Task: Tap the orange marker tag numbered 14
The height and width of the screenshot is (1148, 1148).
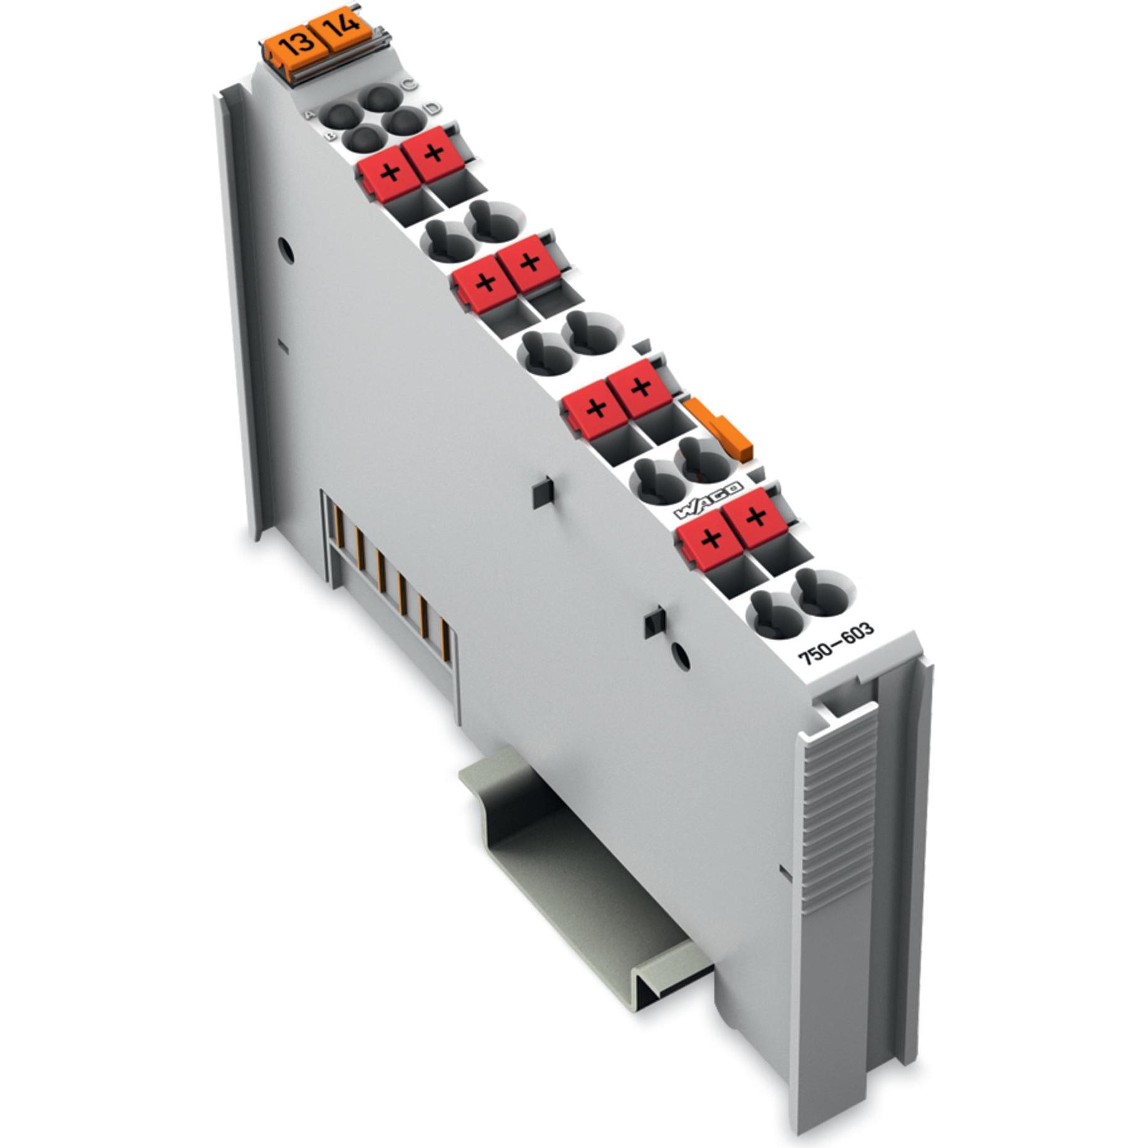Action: pyautogui.click(x=343, y=28)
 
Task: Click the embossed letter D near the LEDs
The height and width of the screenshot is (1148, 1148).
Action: pyautogui.click(x=432, y=109)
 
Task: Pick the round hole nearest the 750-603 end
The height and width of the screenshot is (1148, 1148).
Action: pyautogui.click(x=681, y=656)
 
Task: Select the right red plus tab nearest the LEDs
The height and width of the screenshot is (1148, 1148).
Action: pyautogui.click(x=434, y=152)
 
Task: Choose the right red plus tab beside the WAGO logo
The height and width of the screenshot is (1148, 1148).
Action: pyautogui.click(x=756, y=516)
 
